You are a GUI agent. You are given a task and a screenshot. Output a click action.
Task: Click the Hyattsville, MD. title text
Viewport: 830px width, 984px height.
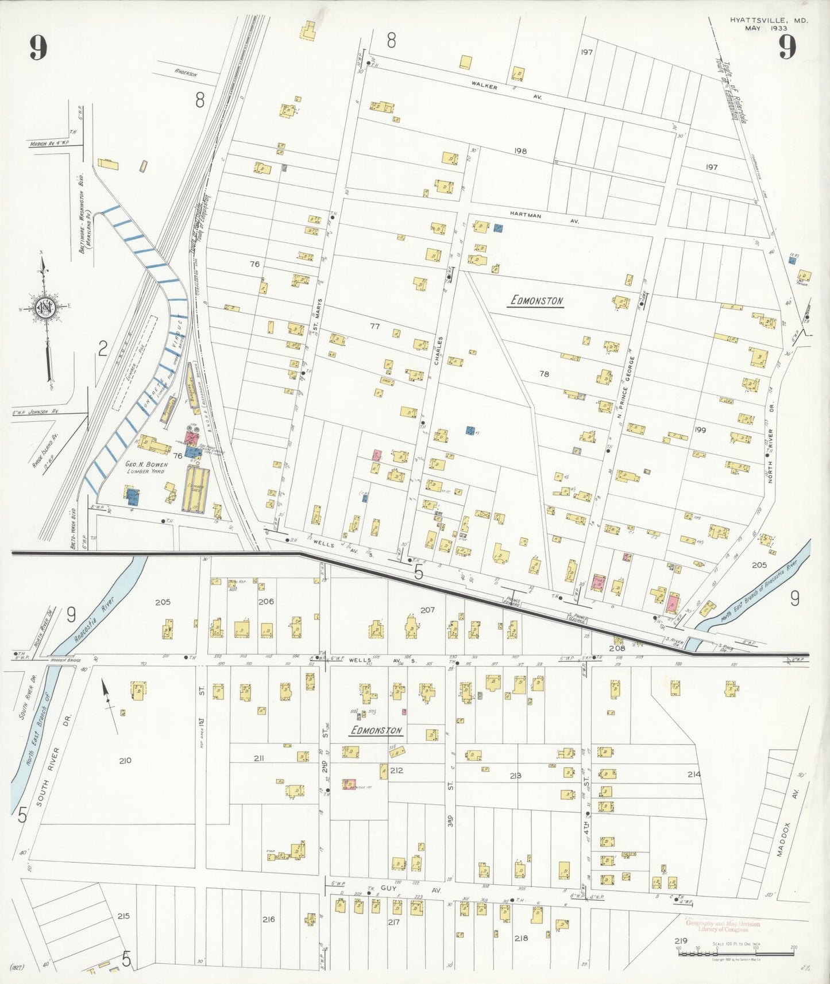(x=769, y=20)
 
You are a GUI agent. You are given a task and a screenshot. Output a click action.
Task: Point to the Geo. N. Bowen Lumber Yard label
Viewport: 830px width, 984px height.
(x=146, y=467)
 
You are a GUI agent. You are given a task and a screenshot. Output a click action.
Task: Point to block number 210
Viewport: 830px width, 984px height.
(x=125, y=761)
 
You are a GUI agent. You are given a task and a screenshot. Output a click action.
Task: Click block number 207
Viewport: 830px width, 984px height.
(x=427, y=610)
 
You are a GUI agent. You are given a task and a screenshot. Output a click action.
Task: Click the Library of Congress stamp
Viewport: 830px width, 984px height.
(x=723, y=927)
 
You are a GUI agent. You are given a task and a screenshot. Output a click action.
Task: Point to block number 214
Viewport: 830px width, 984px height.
(x=693, y=774)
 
